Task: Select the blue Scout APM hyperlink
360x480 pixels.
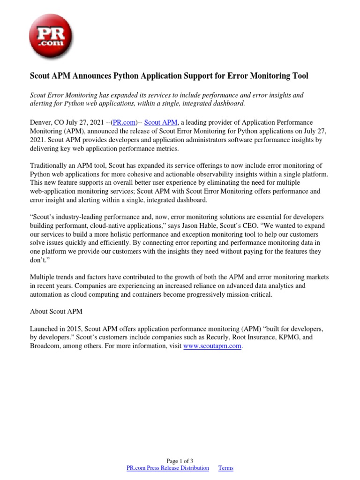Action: pyautogui.click(x=161, y=122)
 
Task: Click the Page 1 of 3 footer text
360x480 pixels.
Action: pyautogui.click(x=180, y=461)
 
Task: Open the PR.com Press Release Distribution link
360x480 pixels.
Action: pyautogui.click(x=168, y=468)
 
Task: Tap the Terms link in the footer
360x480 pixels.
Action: pyautogui.click(x=225, y=468)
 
